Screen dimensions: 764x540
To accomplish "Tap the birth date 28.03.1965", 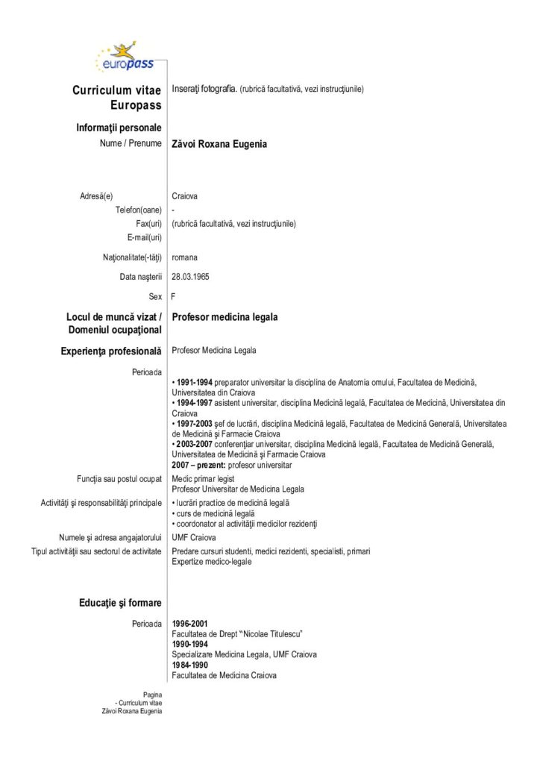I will point(190,276).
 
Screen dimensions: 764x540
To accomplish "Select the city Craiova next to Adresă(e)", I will point(185,196).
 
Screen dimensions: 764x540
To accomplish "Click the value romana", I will point(184,257).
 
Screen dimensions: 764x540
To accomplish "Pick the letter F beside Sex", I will point(174,296).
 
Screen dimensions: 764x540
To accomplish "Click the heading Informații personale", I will point(119,128).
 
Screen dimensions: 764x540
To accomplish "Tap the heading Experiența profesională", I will point(113,350).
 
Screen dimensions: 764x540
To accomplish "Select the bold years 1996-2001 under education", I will point(189,623).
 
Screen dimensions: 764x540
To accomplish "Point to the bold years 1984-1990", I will point(189,665).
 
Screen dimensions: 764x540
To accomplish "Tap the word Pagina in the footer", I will point(152,695).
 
